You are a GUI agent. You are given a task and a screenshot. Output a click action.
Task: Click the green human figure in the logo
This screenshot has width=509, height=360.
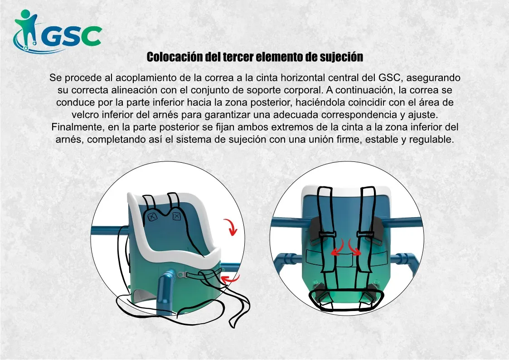(x=26, y=29)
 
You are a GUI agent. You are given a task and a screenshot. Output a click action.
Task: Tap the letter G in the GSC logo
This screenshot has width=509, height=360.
(x=51, y=36)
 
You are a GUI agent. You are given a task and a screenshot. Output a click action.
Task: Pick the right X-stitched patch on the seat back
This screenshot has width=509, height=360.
(x=176, y=216)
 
